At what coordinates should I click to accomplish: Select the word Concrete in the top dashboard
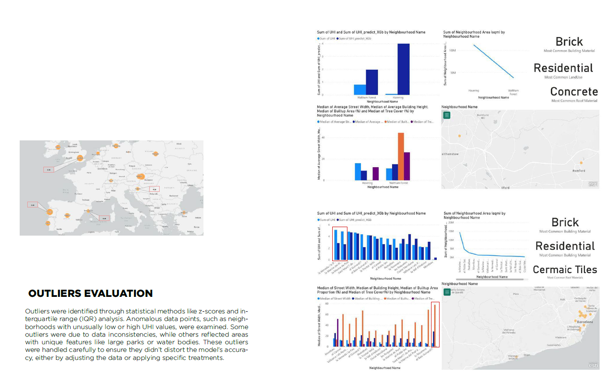[x=574, y=92]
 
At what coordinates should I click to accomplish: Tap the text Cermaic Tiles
[x=565, y=270]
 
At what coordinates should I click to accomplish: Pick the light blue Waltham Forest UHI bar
[x=360, y=89]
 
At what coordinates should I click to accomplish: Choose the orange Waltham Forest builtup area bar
[x=401, y=156]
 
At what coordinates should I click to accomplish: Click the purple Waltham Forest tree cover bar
[x=407, y=166]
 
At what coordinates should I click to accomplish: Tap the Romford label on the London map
[x=579, y=171]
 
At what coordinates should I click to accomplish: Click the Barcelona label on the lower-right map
[x=584, y=322]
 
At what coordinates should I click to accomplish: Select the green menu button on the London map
[x=446, y=115]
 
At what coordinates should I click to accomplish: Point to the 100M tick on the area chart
[x=452, y=51]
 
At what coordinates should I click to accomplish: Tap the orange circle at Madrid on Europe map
[x=67, y=215]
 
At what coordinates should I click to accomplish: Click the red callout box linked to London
[x=49, y=169]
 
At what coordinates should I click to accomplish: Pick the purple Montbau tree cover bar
[x=337, y=333]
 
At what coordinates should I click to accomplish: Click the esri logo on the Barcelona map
[x=593, y=365]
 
